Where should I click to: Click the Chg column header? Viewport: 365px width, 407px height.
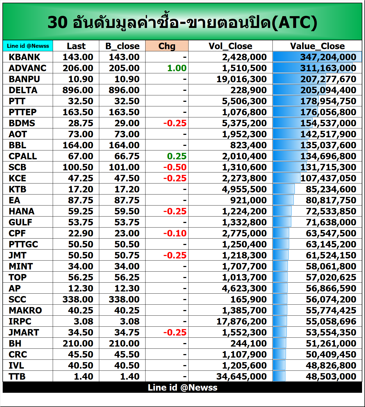click(167, 46)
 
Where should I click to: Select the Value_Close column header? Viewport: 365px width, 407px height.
click(317, 46)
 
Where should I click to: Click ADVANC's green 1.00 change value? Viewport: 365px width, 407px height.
click(177, 68)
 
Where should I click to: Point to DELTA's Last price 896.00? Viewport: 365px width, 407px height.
click(78, 90)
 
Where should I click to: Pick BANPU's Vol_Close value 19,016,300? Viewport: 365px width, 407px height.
click(242, 79)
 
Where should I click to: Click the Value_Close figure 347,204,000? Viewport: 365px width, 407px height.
click(328, 57)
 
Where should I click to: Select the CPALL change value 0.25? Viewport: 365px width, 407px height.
click(177, 156)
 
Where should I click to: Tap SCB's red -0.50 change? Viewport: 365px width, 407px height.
click(175, 167)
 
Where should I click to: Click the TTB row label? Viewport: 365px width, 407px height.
click(17, 376)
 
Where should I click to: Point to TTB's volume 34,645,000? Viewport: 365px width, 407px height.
click(242, 376)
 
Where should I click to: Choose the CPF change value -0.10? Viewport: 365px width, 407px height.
click(175, 233)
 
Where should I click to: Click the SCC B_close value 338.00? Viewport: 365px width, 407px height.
click(124, 299)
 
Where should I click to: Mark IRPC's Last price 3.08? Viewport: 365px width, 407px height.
click(83, 321)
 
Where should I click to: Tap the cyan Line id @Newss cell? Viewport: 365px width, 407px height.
click(28, 46)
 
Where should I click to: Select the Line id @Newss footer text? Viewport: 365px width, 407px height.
click(182, 387)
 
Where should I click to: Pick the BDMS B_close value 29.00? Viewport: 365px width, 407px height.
click(127, 123)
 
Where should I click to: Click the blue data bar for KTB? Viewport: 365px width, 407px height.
click(284, 189)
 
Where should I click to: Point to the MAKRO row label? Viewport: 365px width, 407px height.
click(25, 310)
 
